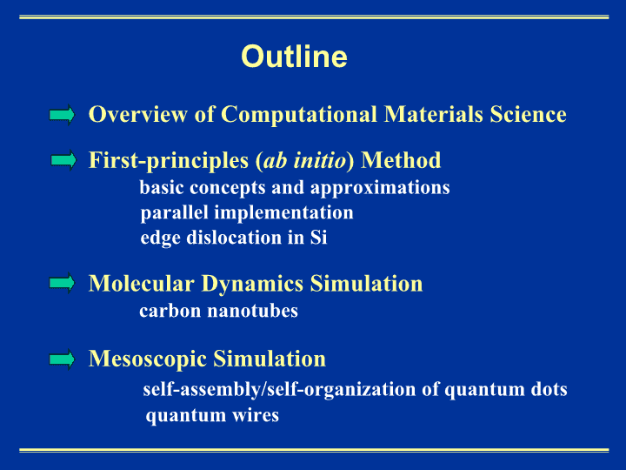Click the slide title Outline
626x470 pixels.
coord(294,57)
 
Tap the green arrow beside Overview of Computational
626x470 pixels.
coord(62,115)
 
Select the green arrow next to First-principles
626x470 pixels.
coord(63,160)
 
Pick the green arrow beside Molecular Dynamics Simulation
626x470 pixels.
coord(62,283)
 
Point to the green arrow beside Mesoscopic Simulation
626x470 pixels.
coord(62,359)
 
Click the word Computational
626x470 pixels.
coord(298,115)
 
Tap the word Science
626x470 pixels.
coord(529,114)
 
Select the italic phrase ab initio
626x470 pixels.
coord(304,160)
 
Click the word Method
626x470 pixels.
coord(401,160)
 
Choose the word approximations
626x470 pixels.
coord(380,188)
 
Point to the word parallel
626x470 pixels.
coord(175,213)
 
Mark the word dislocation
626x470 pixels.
coord(235,238)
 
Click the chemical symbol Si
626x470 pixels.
coord(318,238)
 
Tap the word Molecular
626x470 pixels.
coord(142,284)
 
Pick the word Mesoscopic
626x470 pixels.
coord(148,359)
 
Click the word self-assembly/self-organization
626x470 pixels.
coord(279,390)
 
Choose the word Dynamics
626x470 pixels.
coord(252,285)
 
